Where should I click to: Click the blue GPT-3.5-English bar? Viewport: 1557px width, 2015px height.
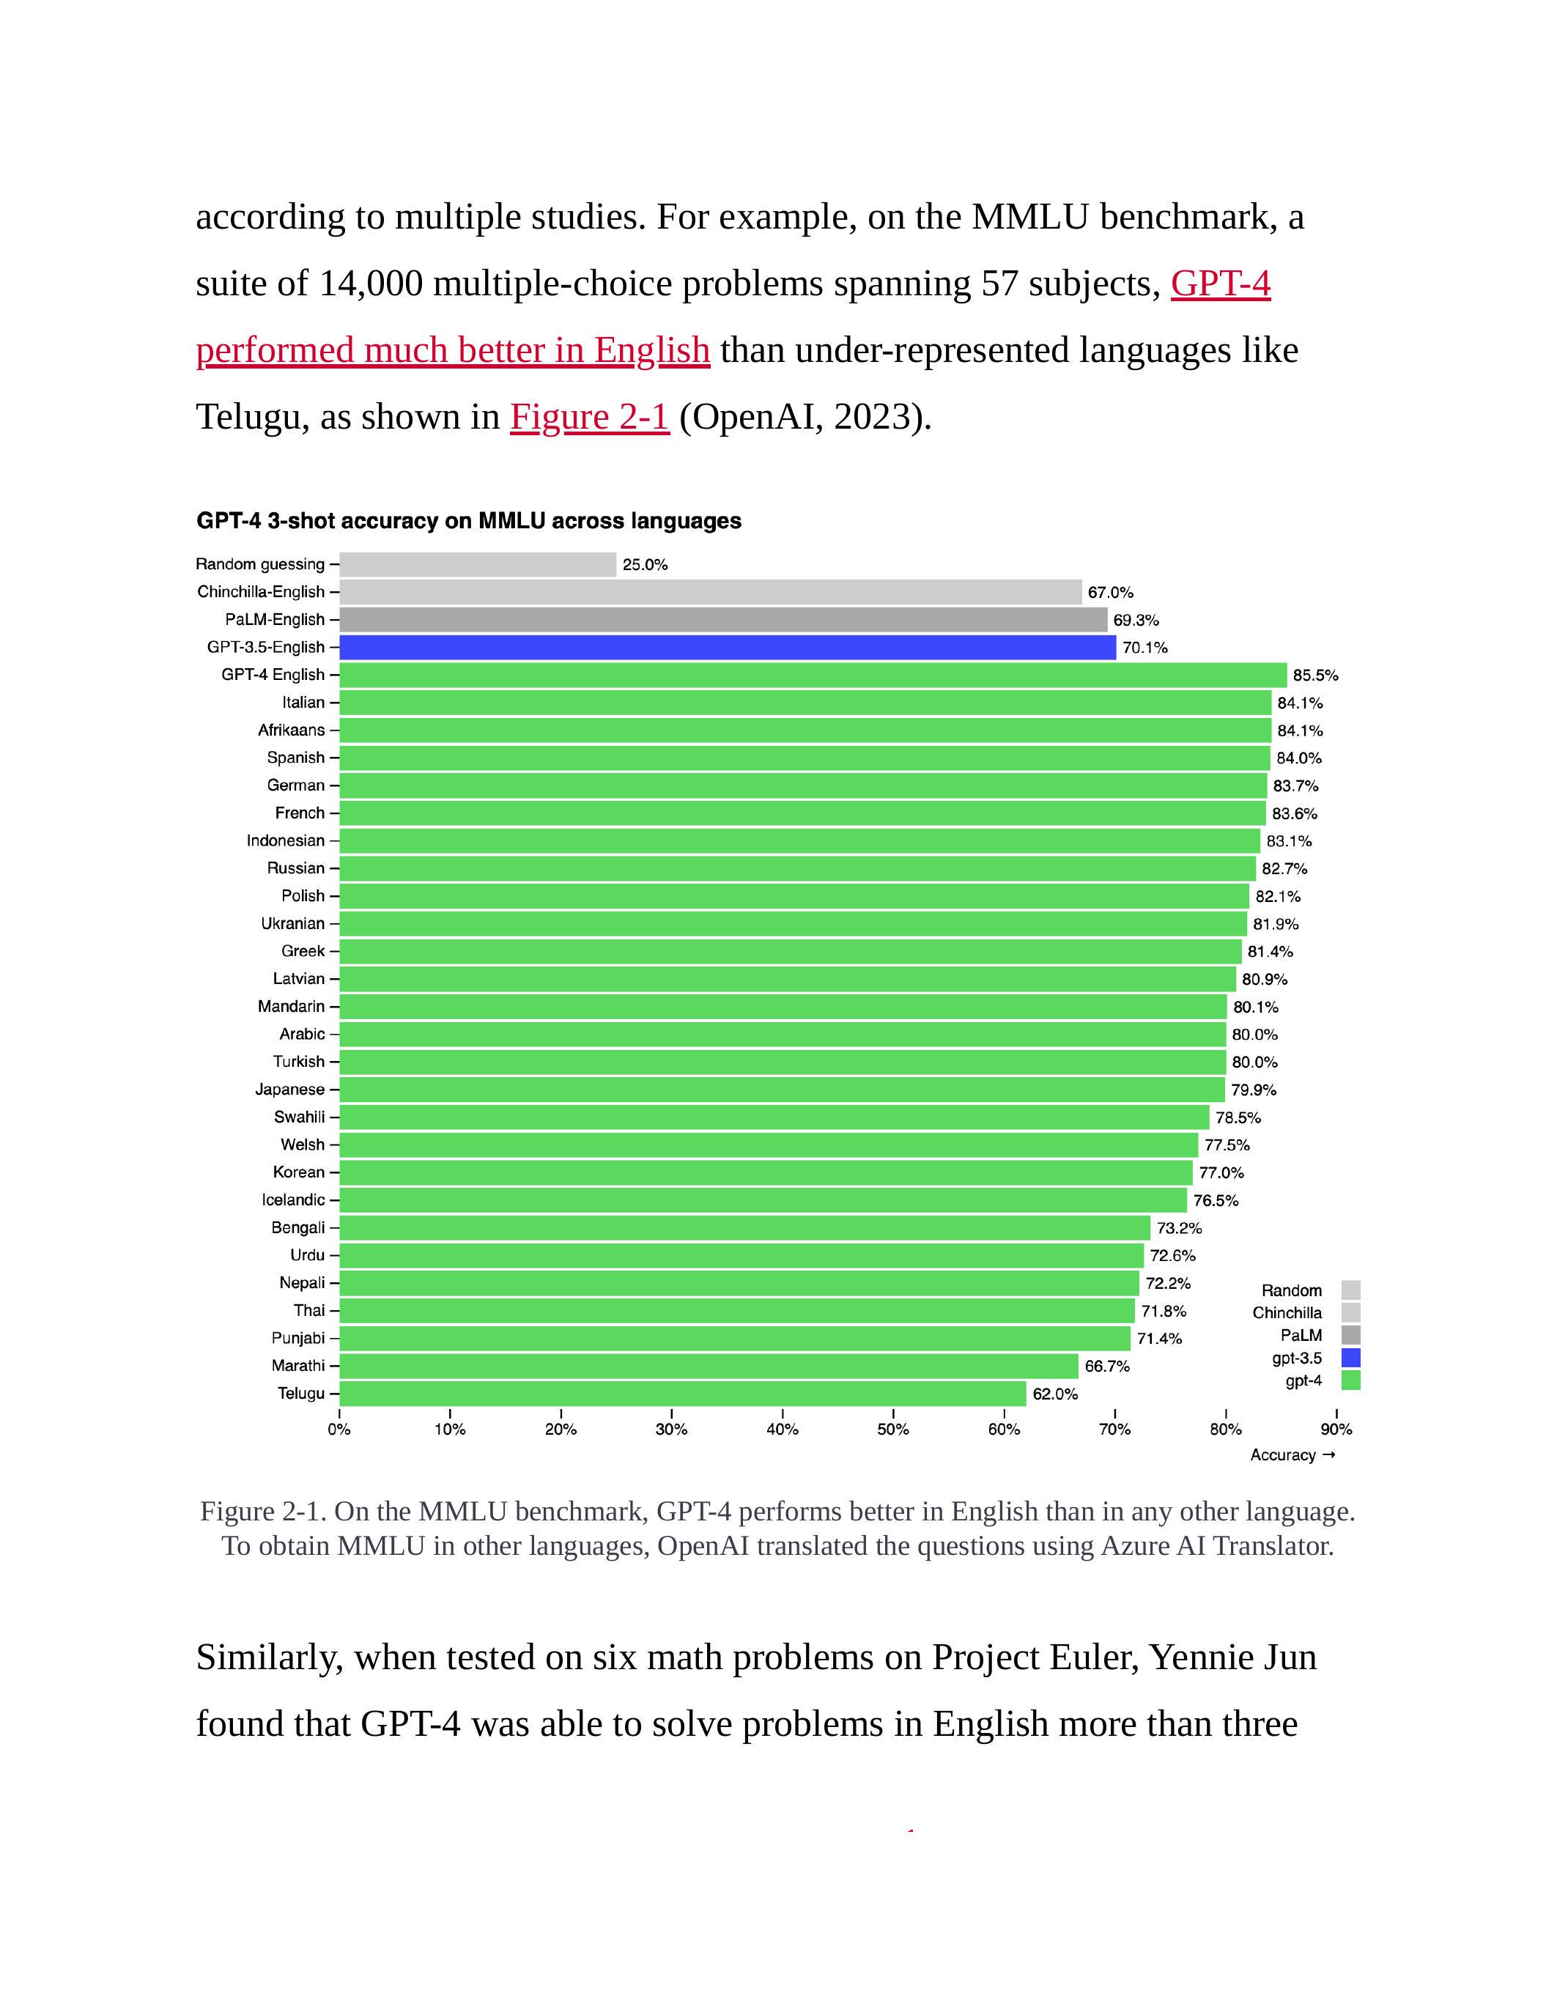[727, 647]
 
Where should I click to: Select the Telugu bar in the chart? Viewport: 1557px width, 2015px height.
[683, 1393]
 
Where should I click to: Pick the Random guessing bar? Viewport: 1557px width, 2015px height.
[478, 563]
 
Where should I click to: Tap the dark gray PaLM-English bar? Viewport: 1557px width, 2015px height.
[723, 619]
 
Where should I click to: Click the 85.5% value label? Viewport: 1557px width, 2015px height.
[1314, 676]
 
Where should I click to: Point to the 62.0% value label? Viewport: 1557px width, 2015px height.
[1055, 1394]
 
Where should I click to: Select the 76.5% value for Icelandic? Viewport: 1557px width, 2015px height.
[1216, 1200]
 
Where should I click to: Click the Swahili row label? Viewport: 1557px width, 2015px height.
[300, 1117]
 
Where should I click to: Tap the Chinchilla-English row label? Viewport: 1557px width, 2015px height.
[261, 591]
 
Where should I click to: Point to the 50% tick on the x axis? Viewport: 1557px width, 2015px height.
[893, 1429]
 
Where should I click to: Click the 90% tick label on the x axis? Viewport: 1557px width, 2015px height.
[1336, 1429]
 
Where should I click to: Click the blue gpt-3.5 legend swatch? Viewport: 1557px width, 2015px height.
[1350, 1358]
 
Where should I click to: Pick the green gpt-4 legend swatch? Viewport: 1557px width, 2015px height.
[1350, 1380]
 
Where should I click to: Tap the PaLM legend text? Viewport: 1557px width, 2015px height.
[1301, 1335]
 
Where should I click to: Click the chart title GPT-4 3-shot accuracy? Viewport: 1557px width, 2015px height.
[469, 521]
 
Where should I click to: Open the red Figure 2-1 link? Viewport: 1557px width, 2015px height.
[589, 417]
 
